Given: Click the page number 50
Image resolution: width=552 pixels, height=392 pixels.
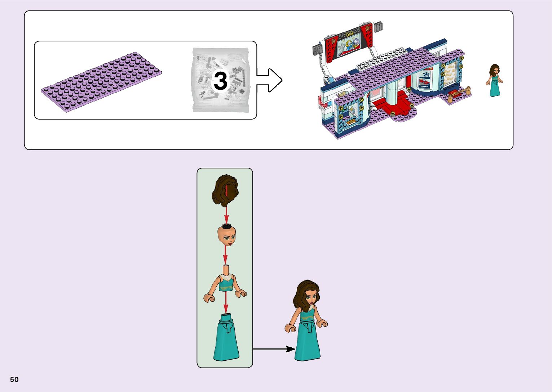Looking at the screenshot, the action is (x=14, y=379).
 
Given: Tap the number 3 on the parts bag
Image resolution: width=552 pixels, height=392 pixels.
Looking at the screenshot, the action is (x=220, y=81).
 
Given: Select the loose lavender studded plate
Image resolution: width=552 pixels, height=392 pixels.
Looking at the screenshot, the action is (x=101, y=82).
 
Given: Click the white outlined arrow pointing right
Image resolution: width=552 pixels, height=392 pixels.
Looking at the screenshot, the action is (x=269, y=80).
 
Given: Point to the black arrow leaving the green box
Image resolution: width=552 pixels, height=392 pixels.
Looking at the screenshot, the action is (x=274, y=349).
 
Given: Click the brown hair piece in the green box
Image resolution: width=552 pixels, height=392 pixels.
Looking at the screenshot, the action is (x=225, y=190).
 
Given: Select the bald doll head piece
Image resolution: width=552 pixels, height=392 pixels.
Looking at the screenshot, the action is (x=226, y=235).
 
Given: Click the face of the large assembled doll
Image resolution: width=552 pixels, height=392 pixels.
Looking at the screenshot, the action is (x=310, y=297).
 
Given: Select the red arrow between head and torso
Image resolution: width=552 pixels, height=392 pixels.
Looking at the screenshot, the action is (x=225, y=256).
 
